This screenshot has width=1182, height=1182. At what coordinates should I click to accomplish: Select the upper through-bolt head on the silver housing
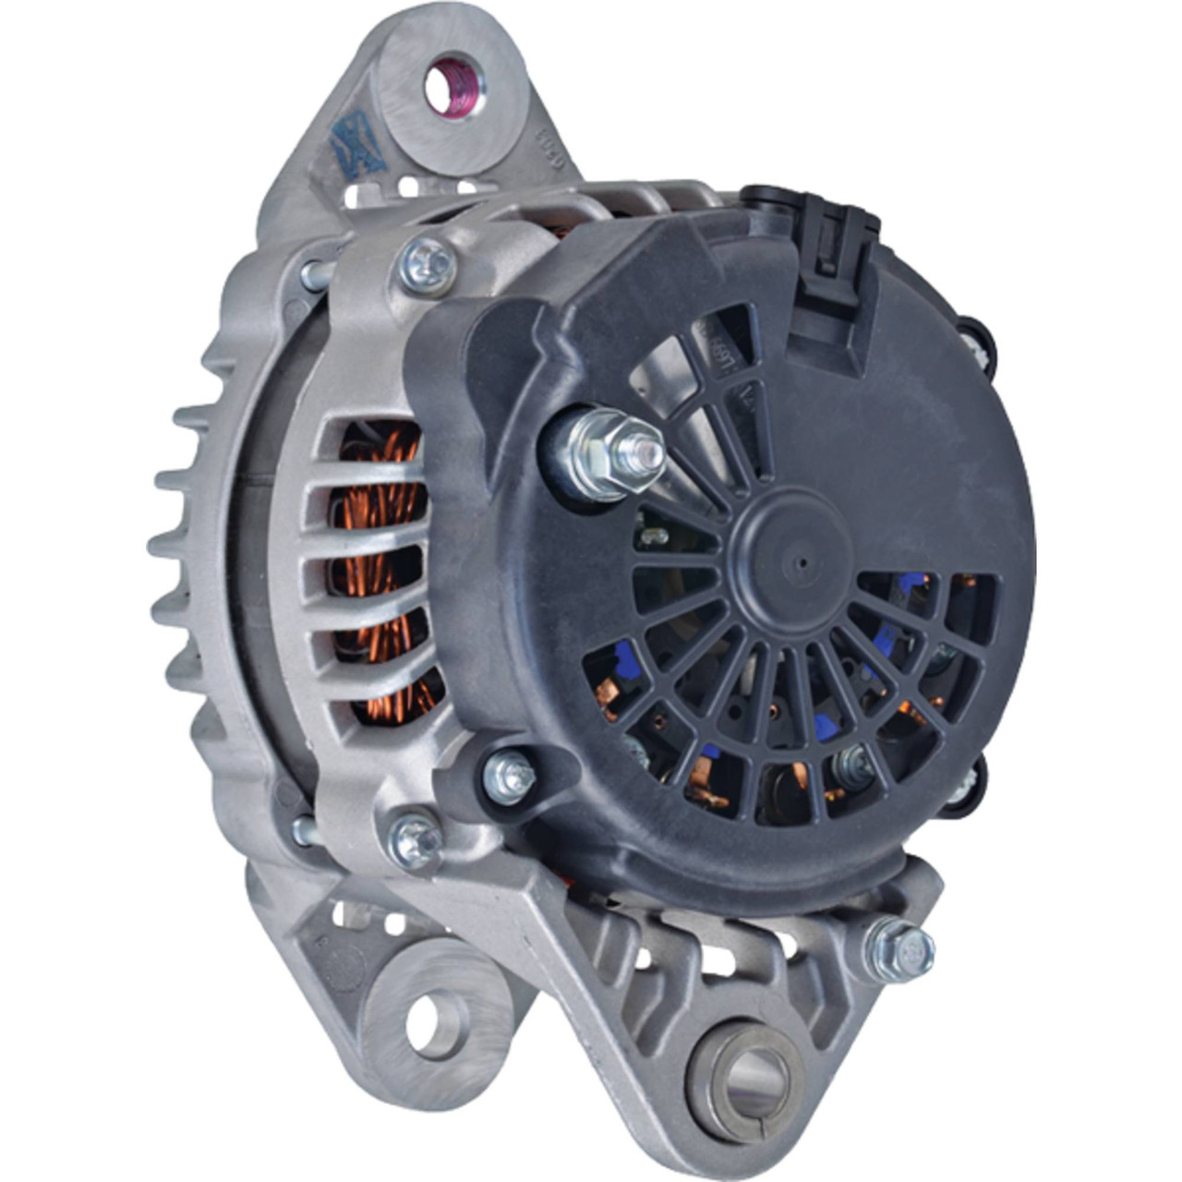pos(428,266)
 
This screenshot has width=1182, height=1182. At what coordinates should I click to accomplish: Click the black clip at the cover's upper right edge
pos(978,347)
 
